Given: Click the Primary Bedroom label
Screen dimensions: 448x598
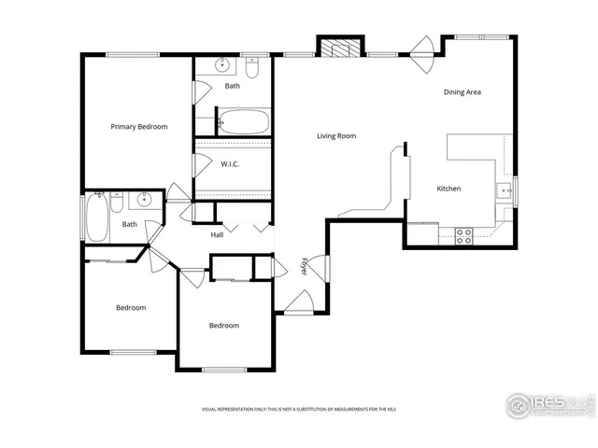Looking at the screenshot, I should pos(139,126).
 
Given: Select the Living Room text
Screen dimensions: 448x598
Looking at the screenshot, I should pos(336,136).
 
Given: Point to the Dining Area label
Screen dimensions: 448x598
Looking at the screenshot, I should pos(462,92).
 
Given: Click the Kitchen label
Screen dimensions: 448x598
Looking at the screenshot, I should pos(448,189).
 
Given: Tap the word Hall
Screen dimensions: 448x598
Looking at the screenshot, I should pos(217,234).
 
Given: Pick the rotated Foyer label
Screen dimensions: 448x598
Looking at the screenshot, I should pos(304,266).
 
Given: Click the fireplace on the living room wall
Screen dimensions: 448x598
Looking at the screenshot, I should pos(339,49).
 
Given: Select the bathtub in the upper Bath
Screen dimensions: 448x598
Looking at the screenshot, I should pos(244,121).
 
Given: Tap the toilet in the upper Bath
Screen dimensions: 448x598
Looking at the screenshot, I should pos(252,68).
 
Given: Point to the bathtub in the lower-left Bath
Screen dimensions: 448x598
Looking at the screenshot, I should pos(94,217).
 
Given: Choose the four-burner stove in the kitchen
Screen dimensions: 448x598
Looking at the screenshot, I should pos(463,235).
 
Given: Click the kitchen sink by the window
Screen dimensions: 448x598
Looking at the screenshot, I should pos(505,191).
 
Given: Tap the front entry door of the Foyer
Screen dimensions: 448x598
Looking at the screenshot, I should pos(299,301).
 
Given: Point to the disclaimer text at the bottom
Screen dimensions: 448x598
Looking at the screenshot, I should pos(298,409).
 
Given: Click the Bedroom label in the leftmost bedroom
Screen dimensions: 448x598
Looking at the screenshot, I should pos(131,307).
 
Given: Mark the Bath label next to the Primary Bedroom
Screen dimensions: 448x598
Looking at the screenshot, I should pos(232,87).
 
